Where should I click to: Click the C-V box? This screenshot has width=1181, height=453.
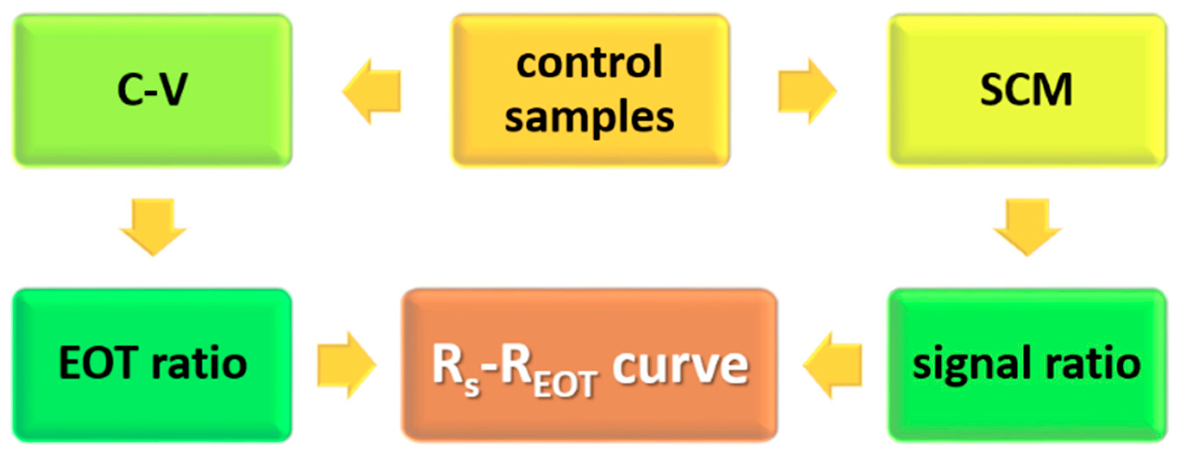point(152,90)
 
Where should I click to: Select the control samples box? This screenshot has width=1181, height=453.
point(590,90)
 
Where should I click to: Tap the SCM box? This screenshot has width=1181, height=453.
point(1027,90)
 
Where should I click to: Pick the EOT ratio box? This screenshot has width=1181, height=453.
point(152,365)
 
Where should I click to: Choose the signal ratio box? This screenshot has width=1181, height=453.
point(1027,365)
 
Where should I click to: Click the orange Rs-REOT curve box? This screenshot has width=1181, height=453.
point(590,365)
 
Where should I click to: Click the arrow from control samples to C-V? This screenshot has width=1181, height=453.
point(372,91)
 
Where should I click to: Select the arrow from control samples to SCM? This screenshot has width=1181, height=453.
point(807,91)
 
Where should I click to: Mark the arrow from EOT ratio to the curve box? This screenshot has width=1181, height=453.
point(346,365)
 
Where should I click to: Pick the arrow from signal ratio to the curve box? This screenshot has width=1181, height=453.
point(832,365)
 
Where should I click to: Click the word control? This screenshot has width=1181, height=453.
point(590,63)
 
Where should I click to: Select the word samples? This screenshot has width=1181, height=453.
point(590,118)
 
